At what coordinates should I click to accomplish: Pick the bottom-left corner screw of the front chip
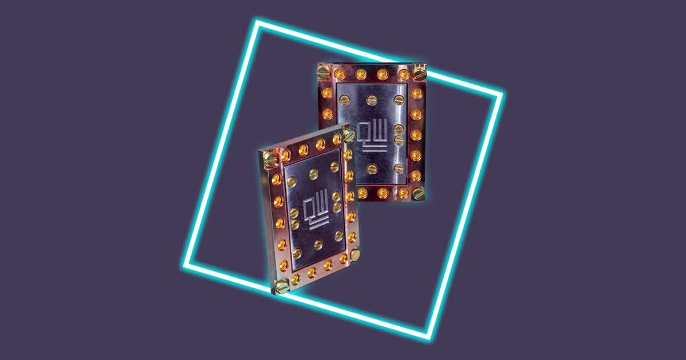(282, 286)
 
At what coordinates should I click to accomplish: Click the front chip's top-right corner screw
(348, 135)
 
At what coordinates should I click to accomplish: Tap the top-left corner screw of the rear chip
(324, 72)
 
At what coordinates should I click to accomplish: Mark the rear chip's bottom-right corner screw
(419, 192)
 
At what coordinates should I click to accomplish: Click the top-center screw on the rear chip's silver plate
(372, 99)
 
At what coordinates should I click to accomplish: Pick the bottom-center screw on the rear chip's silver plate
(372, 169)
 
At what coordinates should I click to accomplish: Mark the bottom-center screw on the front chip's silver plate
(318, 245)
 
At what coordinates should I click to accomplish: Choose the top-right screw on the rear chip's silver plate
(398, 101)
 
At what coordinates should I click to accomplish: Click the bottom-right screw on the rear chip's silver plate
(398, 168)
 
